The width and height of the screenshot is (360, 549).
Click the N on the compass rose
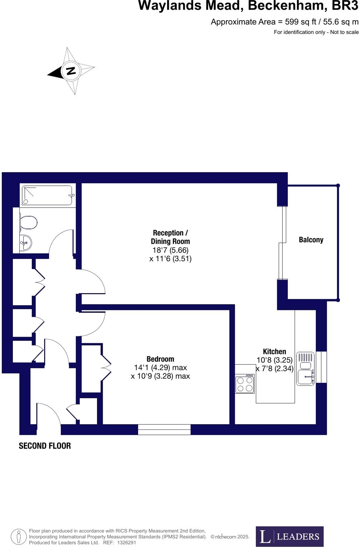click(x=71, y=71)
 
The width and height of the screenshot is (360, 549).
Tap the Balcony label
click(x=311, y=240)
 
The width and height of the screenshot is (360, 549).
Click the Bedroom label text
click(x=160, y=359)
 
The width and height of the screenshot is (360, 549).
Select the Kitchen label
click(x=274, y=351)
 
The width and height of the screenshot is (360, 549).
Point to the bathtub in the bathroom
click(x=48, y=195)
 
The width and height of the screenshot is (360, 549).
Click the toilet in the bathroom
click(x=29, y=223)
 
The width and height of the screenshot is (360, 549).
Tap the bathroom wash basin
click(x=26, y=243)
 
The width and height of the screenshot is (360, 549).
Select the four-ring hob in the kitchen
click(x=245, y=384)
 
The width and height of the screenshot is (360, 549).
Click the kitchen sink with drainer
click(x=306, y=369)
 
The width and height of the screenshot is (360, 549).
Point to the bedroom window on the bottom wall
click(x=164, y=429)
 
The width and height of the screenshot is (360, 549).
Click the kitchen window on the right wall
click(x=322, y=367)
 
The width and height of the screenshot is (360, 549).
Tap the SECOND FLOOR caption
click(x=45, y=446)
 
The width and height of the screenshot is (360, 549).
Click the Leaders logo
click(x=290, y=536)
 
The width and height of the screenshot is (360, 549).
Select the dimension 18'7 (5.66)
click(x=170, y=250)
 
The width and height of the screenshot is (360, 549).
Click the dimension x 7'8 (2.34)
click(x=274, y=369)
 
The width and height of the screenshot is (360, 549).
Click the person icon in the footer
click(x=18, y=536)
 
